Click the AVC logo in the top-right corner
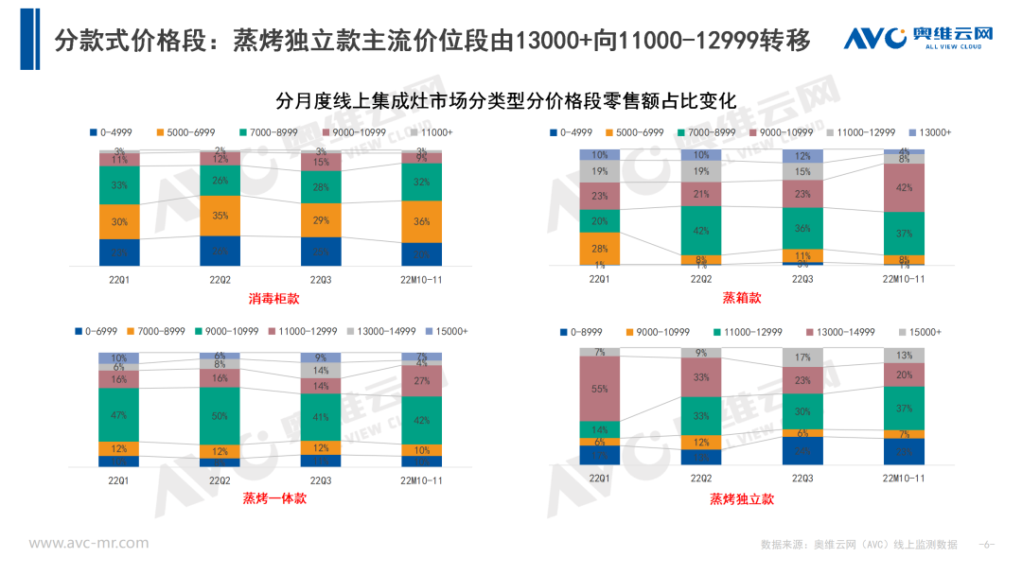point(918,39)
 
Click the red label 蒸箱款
point(741,299)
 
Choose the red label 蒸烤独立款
point(741,498)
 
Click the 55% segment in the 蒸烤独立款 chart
point(600,389)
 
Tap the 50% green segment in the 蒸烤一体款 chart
point(220,415)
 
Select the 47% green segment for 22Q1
point(119,414)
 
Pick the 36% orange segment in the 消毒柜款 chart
point(422,222)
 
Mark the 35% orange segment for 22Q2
point(220,216)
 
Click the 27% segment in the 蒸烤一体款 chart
point(422,381)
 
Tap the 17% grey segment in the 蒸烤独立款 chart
point(802,357)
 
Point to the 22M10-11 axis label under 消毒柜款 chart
point(422,279)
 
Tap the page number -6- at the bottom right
point(986,545)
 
